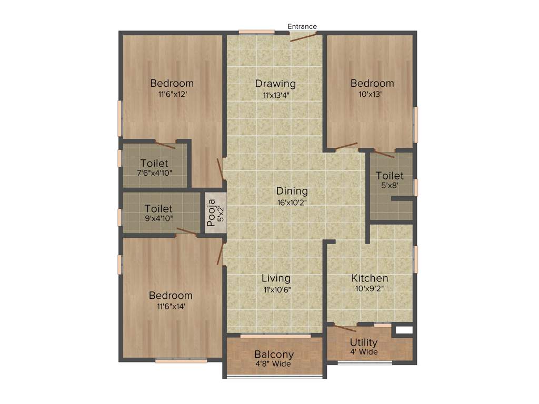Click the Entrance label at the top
click(x=302, y=26)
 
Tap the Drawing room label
click(x=275, y=84)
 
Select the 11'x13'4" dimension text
click(x=275, y=95)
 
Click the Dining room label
click(x=292, y=191)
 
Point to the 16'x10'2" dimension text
click(x=292, y=203)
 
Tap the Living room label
click(x=276, y=278)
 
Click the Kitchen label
click(x=370, y=278)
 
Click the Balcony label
click(x=274, y=354)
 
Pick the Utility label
click(x=364, y=342)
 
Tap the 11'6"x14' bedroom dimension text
click(x=170, y=307)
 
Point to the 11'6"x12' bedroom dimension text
click(x=172, y=95)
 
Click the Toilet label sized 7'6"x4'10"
click(x=154, y=163)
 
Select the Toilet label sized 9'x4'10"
click(x=158, y=209)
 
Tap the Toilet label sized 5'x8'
click(x=390, y=176)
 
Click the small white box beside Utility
click(x=403, y=331)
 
